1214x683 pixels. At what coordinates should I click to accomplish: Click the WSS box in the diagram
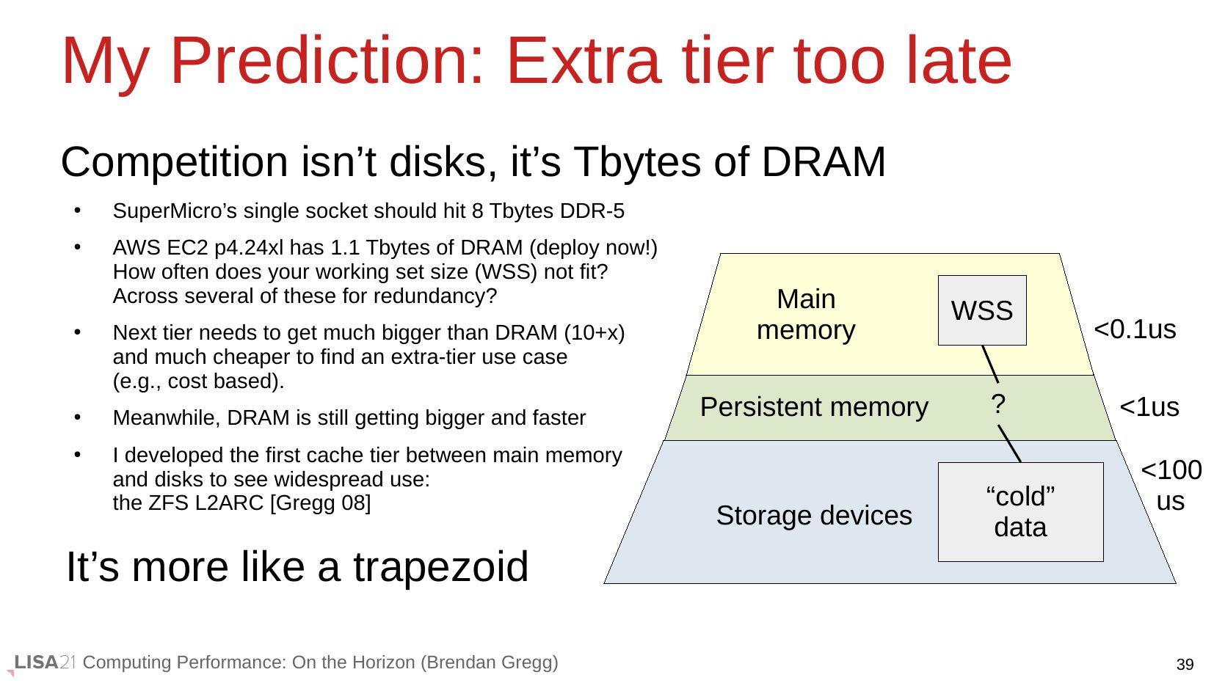(x=982, y=310)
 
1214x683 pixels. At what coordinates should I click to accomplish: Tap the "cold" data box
(x=1020, y=512)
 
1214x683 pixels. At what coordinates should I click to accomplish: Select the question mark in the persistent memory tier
(x=998, y=404)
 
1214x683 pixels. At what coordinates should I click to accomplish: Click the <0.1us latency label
(x=1135, y=329)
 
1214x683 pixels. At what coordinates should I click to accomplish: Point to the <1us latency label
(x=1149, y=406)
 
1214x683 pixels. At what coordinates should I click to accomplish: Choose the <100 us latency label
(x=1171, y=486)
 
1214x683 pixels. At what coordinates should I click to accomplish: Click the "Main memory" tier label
(x=806, y=314)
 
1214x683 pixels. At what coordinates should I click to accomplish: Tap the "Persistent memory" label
(x=814, y=406)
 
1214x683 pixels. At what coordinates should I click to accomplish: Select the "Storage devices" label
(x=814, y=515)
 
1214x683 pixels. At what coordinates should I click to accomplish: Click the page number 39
(x=1185, y=664)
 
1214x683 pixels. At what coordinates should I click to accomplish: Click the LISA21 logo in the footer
(x=43, y=663)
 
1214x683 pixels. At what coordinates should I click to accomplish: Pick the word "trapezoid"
(x=440, y=567)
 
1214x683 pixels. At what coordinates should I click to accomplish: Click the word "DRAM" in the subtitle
(x=824, y=162)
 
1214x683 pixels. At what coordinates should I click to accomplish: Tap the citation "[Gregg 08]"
(x=320, y=503)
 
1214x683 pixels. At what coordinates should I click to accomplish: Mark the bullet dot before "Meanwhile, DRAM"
(x=78, y=417)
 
